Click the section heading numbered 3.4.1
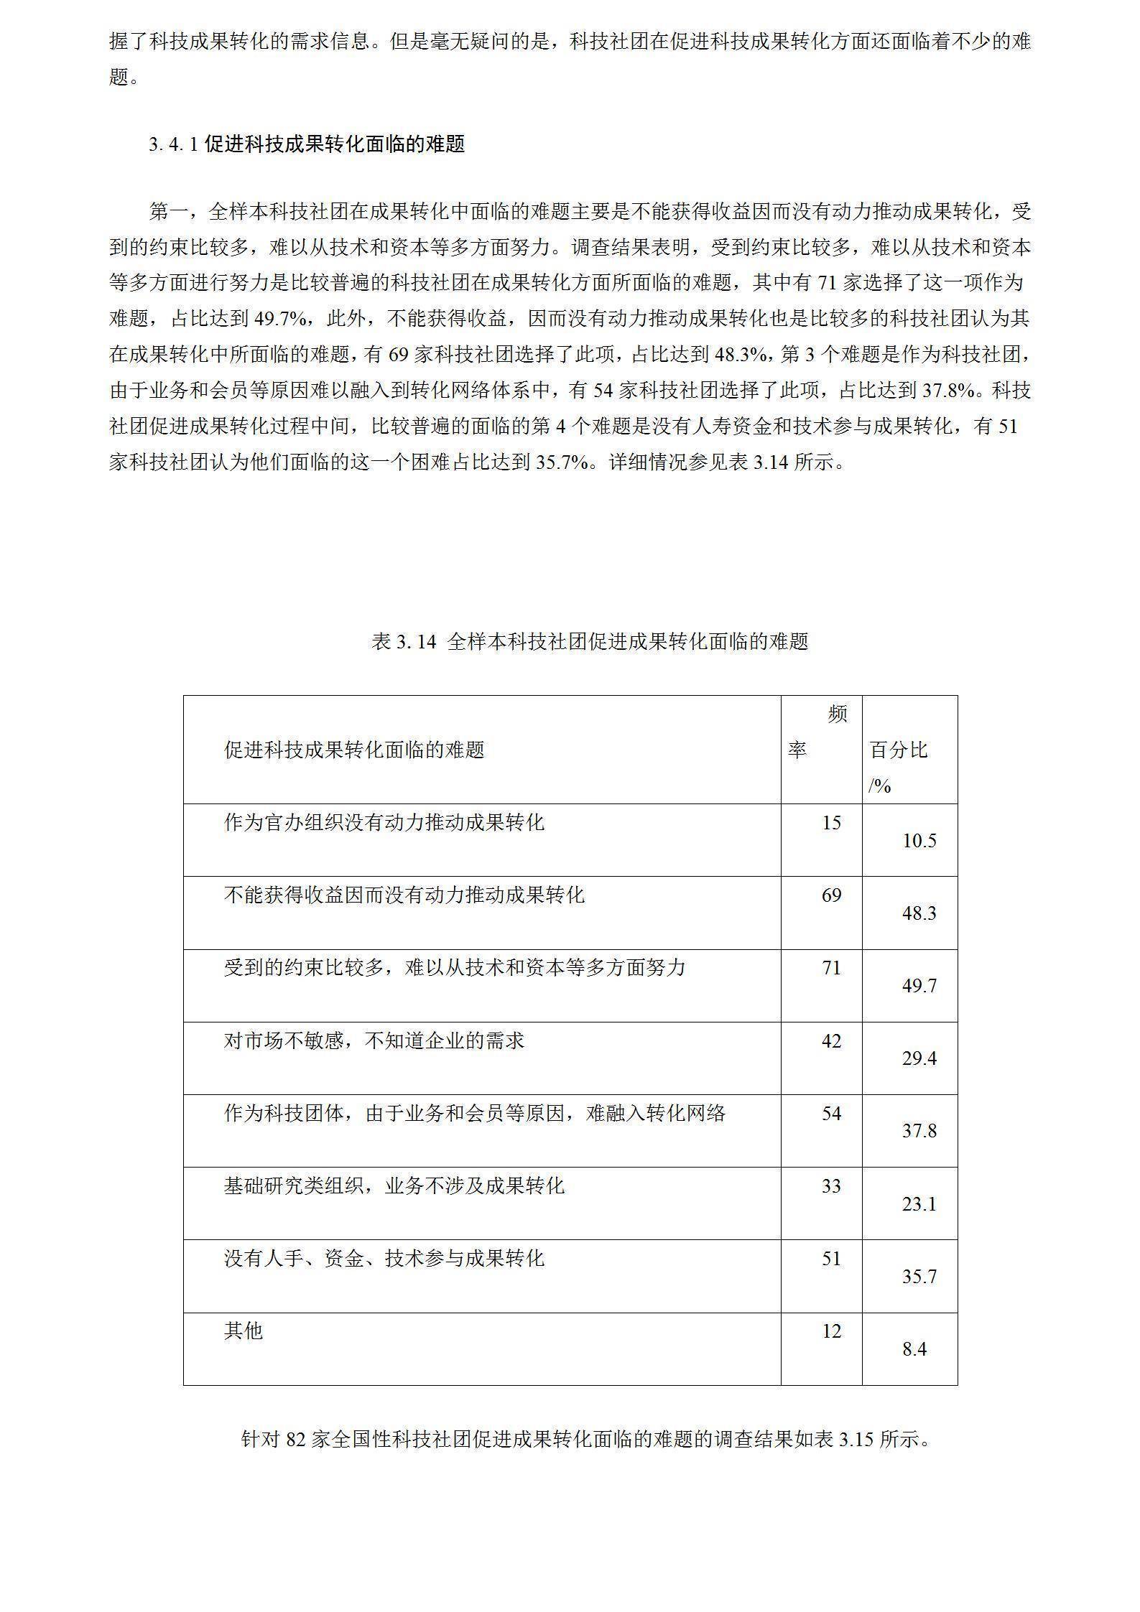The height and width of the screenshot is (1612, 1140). [x=307, y=144]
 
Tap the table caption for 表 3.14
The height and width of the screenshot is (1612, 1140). [x=590, y=641]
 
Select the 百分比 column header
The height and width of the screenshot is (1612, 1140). [x=899, y=751]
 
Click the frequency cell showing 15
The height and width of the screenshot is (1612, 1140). [x=831, y=823]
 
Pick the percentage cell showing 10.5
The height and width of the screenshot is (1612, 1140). [x=919, y=841]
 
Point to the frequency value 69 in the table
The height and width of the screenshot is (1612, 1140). [x=831, y=895]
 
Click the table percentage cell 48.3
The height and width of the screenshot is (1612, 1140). [x=919, y=913]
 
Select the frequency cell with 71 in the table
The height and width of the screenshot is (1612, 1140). [x=831, y=968]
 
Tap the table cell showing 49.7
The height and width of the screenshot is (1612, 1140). [x=919, y=986]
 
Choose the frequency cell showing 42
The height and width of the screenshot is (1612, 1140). [x=831, y=1041]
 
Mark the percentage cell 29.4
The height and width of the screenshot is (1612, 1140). [x=919, y=1059]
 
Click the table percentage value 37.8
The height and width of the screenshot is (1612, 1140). [x=919, y=1132]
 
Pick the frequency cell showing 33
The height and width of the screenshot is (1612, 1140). [x=831, y=1186]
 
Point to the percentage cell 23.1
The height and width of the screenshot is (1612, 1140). [x=919, y=1204]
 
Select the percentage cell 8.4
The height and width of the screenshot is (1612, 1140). [x=914, y=1350]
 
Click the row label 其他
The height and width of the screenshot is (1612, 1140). [x=244, y=1331]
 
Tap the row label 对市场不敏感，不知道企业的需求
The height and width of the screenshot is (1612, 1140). [x=374, y=1040]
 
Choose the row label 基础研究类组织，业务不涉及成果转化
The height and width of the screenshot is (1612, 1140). [x=394, y=1185]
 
